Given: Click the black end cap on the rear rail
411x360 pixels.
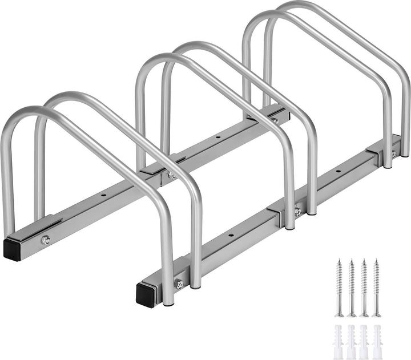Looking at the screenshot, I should pyautogui.click(x=12, y=249).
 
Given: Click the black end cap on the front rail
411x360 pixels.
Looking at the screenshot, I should pyautogui.click(x=145, y=294).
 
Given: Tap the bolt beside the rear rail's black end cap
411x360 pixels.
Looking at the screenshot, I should pyautogui.click(x=46, y=240).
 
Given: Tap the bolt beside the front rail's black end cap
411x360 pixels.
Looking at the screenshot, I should pyautogui.click(x=178, y=284).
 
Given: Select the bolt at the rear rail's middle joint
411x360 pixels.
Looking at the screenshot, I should pyautogui.click(x=171, y=175).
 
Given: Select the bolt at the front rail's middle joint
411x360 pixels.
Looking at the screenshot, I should pyautogui.click(x=297, y=212).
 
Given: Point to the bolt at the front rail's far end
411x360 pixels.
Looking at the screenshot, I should pyautogui.click(x=393, y=154).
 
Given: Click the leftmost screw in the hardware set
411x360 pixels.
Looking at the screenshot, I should pyautogui.click(x=339, y=288).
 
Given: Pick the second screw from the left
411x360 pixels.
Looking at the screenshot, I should pyautogui.click(x=351, y=288).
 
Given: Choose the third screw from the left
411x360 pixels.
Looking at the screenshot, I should pyautogui.click(x=364, y=288).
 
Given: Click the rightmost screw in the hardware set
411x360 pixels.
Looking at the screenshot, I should pyautogui.click(x=376, y=288).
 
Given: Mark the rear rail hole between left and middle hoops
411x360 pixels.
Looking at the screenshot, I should pyautogui.click(x=104, y=195).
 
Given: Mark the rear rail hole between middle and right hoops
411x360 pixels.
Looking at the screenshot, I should pyautogui.click(x=217, y=137).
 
